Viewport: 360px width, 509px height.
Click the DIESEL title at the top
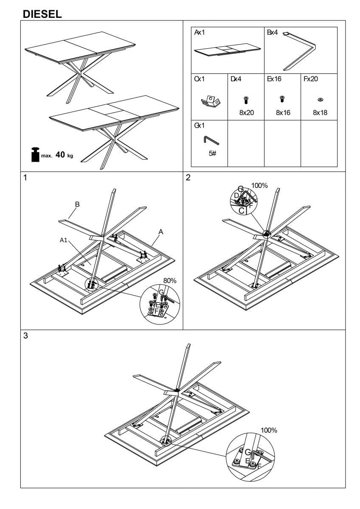coord(42,14)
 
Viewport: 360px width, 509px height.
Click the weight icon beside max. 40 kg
coord(34,154)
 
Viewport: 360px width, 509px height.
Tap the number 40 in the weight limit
coord(60,155)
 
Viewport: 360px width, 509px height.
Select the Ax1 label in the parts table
coord(200,32)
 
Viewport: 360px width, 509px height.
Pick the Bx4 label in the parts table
coord(273,32)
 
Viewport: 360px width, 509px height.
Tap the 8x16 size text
coord(283,113)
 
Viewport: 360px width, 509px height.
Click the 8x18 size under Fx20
coord(320,113)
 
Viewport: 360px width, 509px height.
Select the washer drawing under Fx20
coord(320,100)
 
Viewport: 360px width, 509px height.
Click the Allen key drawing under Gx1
coord(211,140)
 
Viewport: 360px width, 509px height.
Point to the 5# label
coord(213,154)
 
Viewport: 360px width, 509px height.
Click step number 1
coord(25,178)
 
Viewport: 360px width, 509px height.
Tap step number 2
coord(188,178)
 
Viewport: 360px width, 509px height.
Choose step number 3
coord(25,336)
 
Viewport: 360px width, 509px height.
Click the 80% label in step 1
coord(170,281)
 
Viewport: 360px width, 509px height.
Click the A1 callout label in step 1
coord(64,240)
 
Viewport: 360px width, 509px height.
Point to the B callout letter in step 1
coord(77,204)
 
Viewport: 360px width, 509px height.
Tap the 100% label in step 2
coord(259,185)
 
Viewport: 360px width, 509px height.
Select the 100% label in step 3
coord(269,430)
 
